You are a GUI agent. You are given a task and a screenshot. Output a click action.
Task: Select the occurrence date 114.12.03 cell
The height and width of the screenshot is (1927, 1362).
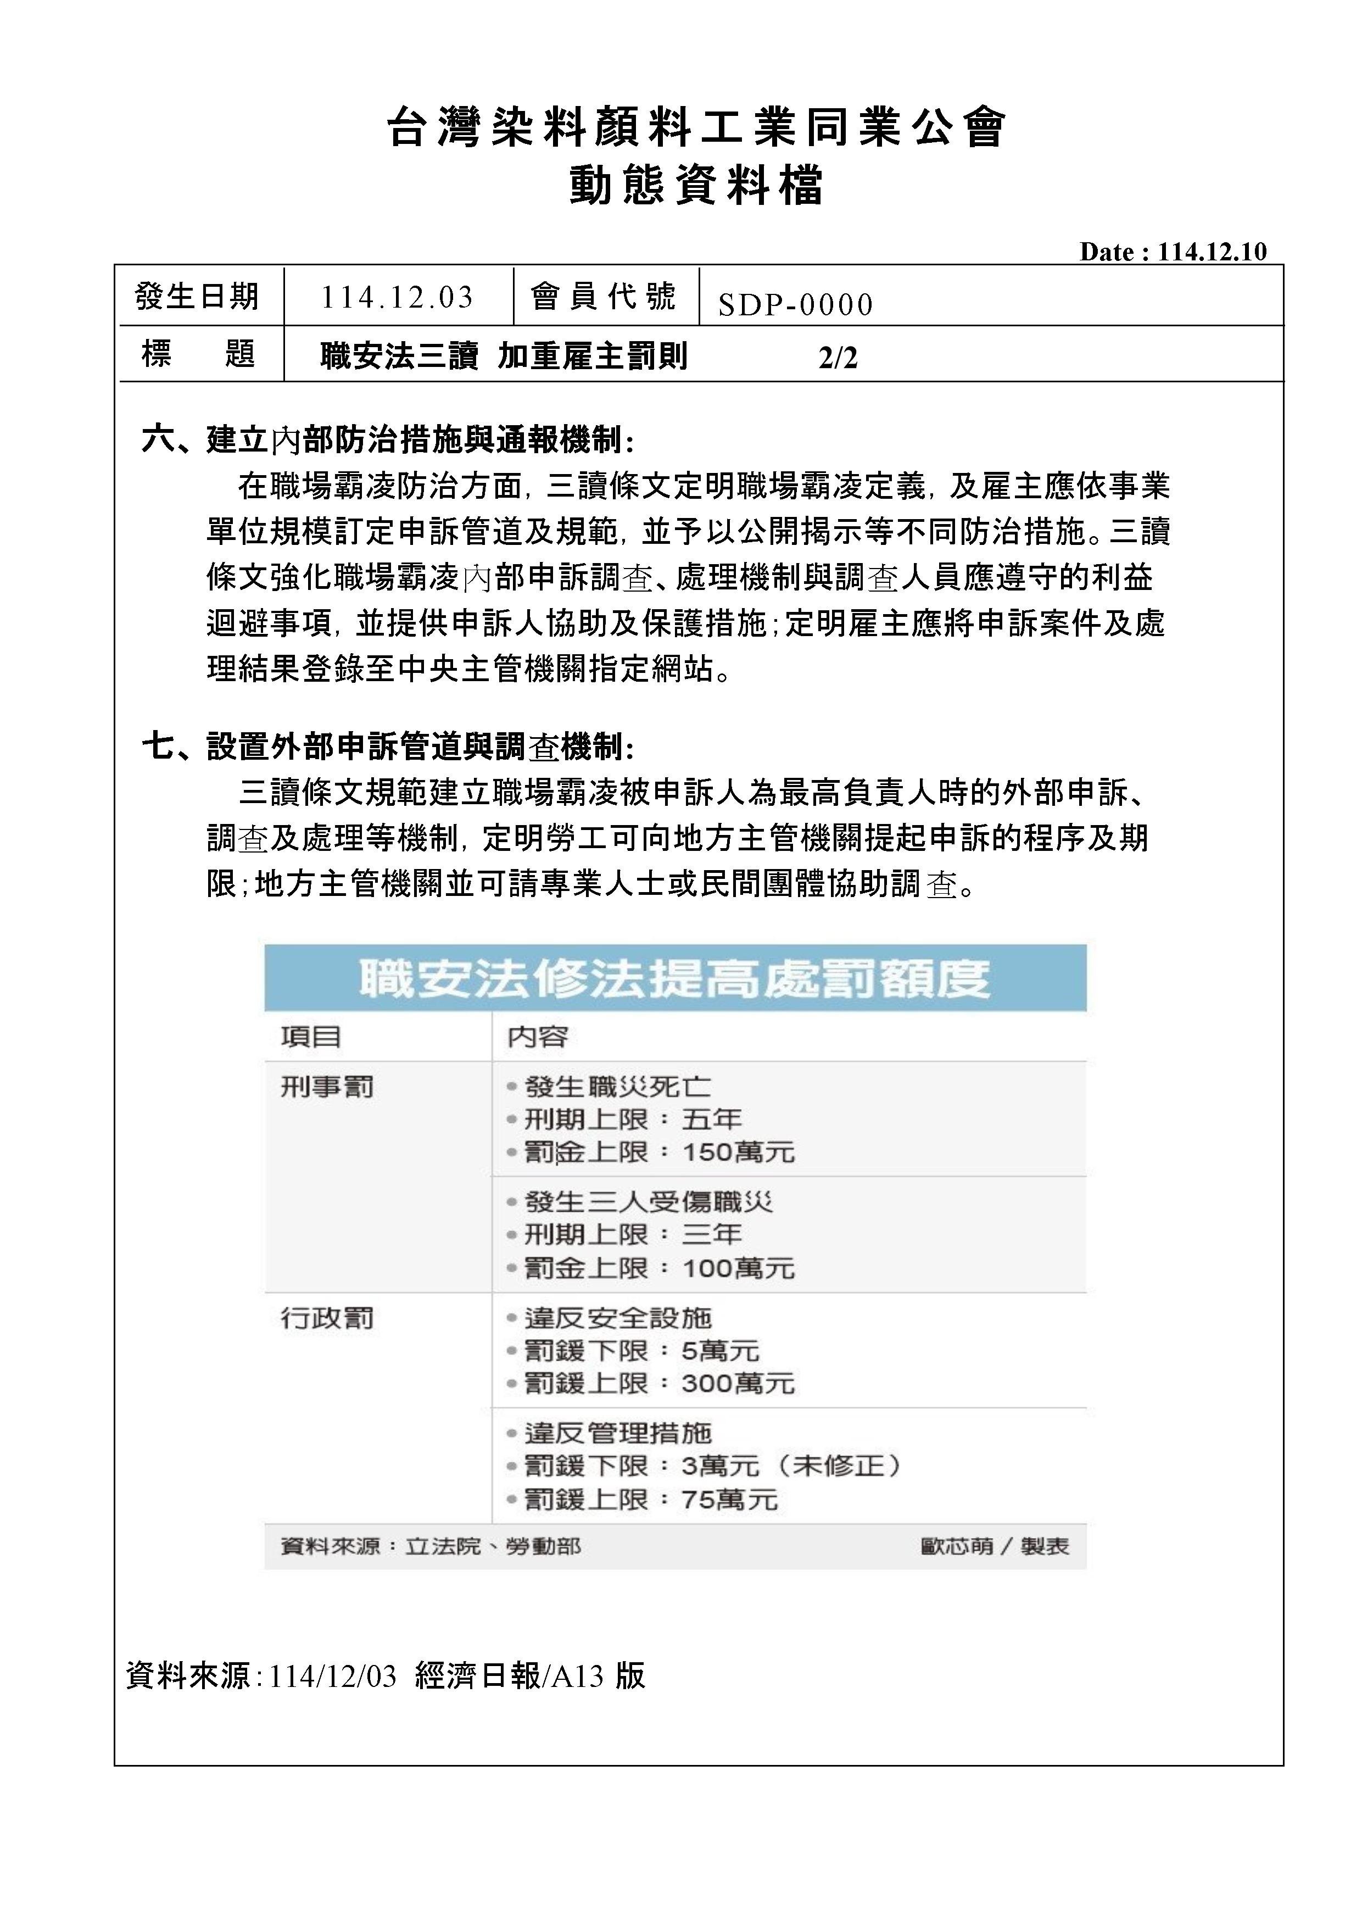tap(397, 297)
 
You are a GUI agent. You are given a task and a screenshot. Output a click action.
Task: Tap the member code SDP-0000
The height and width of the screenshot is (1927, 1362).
tap(795, 305)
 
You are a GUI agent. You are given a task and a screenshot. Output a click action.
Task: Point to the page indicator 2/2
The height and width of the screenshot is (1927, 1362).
tap(838, 358)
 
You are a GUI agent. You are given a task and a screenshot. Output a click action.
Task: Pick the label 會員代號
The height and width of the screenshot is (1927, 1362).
tap(602, 296)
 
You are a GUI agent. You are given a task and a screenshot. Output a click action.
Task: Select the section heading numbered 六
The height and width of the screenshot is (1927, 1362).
tap(388, 439)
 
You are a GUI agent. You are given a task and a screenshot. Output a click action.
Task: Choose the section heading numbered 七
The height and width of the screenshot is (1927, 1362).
tap(388, 745)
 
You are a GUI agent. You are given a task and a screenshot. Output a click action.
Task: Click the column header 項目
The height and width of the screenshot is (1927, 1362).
tap(310, 1037)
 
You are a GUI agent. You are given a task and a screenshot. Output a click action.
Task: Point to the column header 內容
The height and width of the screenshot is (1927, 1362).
tap(537, 1037)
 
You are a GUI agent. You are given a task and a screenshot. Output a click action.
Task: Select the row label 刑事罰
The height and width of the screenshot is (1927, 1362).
tap(326, 1088)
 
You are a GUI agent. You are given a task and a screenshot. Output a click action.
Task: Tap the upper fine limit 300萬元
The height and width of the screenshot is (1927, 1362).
tap(738, 1383)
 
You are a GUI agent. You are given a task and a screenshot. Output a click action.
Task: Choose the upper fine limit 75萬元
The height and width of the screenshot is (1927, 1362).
tap(729, 1499)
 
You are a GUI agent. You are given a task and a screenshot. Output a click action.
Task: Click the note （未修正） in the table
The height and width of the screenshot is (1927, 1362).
tap(839, 1466)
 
